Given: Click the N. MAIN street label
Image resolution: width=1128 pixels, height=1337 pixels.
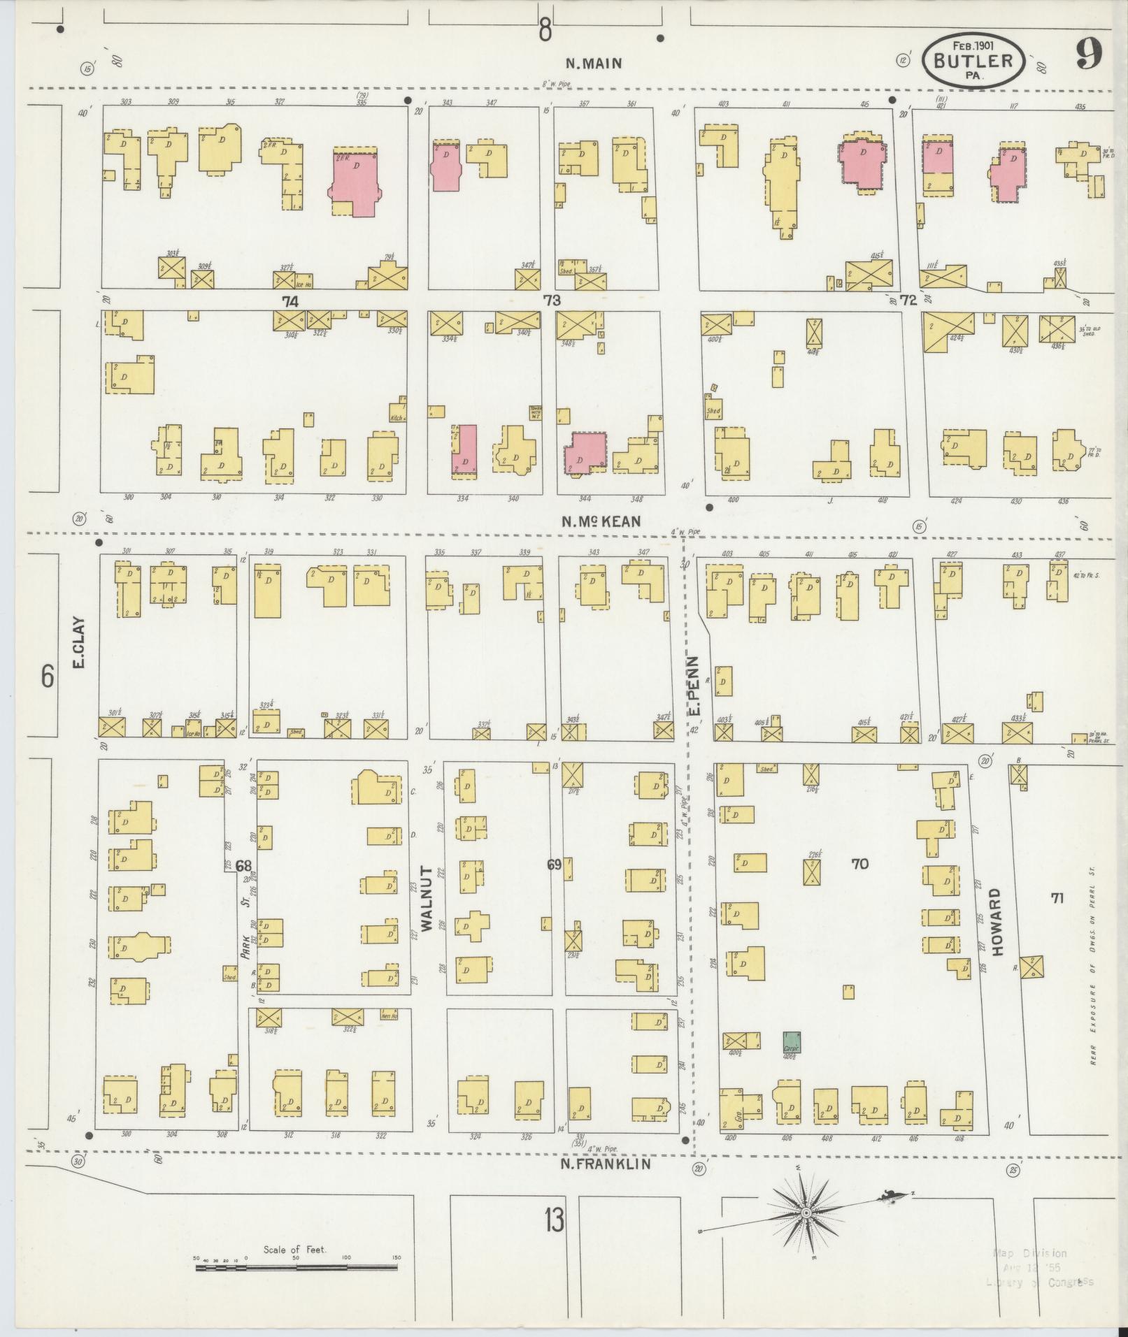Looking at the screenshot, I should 593,64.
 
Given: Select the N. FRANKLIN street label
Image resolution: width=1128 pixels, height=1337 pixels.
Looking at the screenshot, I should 606,1164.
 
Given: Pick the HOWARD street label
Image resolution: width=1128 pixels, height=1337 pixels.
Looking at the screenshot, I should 997,923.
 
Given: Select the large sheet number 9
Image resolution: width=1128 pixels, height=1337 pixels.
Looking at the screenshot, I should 1090,53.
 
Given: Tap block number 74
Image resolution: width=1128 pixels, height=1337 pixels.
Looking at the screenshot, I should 290,301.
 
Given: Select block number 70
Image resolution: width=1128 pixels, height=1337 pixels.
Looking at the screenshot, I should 859,864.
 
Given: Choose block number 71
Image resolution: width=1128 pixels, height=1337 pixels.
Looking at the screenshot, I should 1057,898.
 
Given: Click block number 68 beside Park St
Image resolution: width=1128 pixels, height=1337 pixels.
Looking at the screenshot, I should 243,867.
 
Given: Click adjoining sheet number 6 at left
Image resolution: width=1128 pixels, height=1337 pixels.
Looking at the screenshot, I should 46,677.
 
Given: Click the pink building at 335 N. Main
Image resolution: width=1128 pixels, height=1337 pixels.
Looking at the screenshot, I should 355,180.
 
